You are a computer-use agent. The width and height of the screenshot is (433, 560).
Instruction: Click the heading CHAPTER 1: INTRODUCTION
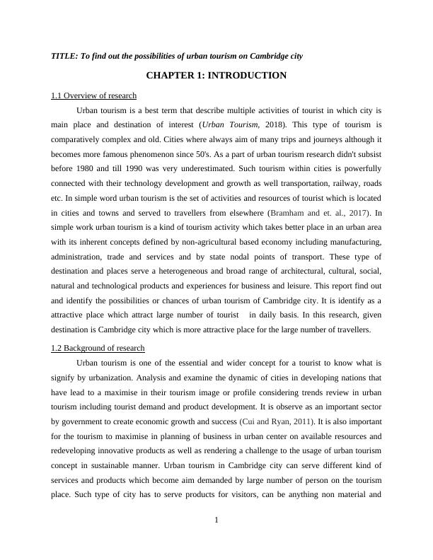tap(216, 76)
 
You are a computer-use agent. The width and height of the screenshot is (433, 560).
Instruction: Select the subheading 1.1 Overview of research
tap(93, 95)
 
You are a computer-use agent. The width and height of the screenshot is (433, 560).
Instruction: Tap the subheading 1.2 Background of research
tap(98, 348)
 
